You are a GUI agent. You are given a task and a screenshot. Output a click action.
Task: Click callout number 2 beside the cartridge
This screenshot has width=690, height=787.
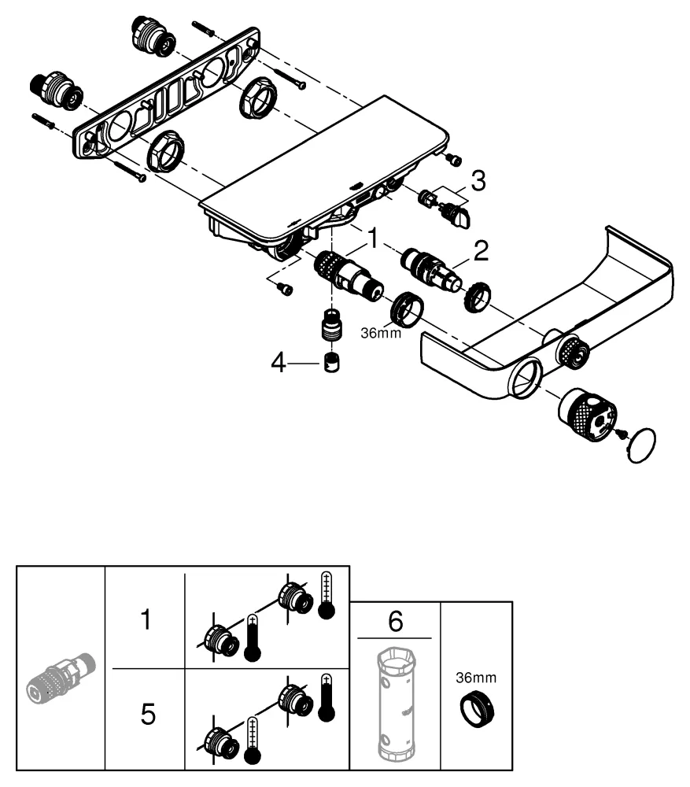[480, 252]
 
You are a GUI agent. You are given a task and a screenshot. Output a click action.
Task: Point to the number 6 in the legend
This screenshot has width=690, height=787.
[396, 621]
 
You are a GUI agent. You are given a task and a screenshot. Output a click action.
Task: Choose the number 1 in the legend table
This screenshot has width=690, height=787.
[145, 620]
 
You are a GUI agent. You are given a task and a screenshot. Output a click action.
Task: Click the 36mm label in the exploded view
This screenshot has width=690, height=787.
[382, 333]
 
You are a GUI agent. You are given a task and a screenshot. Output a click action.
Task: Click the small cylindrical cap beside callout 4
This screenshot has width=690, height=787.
[331, 364]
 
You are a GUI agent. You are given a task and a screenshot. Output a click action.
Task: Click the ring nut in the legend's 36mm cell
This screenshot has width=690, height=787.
[478, 705]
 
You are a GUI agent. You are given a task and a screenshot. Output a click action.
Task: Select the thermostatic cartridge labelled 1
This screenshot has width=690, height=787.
[347, 276]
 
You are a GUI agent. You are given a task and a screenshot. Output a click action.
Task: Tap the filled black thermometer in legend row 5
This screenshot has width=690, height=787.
[327, 694]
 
